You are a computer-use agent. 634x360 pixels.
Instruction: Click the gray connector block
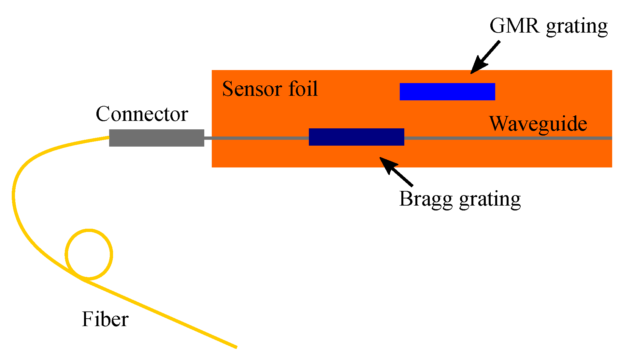(x=156, y=138)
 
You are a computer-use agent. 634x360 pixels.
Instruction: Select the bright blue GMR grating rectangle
(x=447, y=92)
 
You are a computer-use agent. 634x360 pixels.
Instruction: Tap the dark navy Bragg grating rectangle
(x=356, y=137)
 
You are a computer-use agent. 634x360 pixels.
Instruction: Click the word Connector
(x=142, y=114)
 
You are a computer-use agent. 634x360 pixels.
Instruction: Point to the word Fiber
(x=105, y=319)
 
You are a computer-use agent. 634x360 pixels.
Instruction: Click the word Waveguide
(x=538, y=124)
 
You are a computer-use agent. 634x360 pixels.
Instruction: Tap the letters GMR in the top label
(x=514, y=26)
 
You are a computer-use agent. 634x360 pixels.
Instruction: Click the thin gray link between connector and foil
(x=208, y=138)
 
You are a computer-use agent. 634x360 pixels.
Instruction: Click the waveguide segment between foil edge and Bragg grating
(x=261, y=138)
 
